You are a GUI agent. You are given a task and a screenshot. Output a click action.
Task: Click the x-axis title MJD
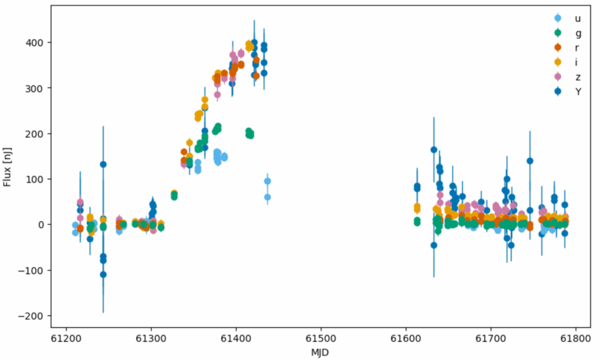coord(321,351)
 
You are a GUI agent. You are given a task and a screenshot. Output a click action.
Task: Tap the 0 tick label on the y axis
coord(42,225)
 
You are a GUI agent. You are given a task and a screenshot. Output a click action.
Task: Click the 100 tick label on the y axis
coord(37,179)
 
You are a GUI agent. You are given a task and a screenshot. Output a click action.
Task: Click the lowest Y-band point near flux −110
coord(103,274)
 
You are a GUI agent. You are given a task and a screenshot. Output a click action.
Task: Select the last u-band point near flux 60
coord(267,197)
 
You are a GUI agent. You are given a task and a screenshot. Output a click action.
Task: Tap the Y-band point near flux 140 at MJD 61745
coord(530,161)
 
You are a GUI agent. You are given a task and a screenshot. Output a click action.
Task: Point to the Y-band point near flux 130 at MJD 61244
coord(103,164)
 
